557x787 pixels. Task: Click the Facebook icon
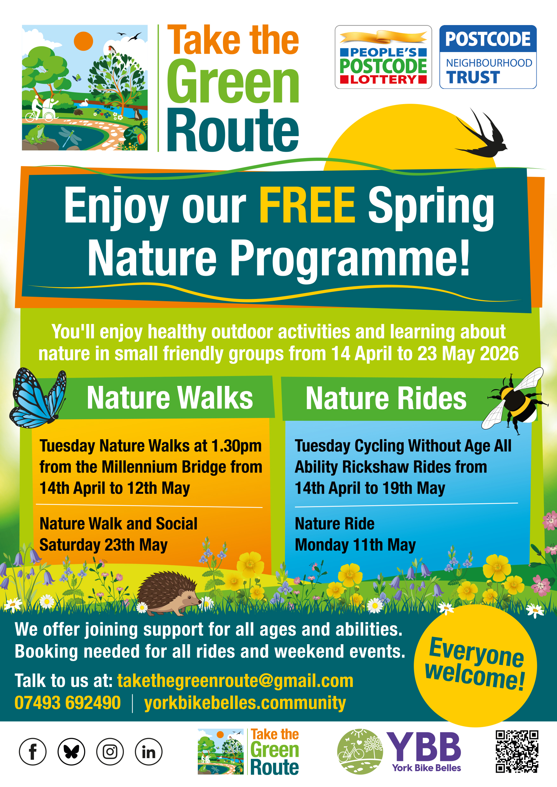click(33, 752)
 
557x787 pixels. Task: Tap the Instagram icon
click(110, 752)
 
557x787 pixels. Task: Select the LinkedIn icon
click(149, 752)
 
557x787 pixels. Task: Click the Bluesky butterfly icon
click(71, 752)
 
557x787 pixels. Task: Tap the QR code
click(517, 751)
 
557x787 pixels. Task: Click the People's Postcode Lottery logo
click(383, 57)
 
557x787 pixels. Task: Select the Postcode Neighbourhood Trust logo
click(488, 57)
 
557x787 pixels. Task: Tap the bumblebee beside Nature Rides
click(514, 400)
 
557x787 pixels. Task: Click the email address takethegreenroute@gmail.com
click(235, 680)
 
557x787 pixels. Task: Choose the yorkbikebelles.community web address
click(245, 703)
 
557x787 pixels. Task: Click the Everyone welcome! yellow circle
click(475, 665)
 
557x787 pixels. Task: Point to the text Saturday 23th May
click(104, 545)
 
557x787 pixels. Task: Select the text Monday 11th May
click(355, 545)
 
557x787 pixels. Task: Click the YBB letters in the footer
click(424, 746)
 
